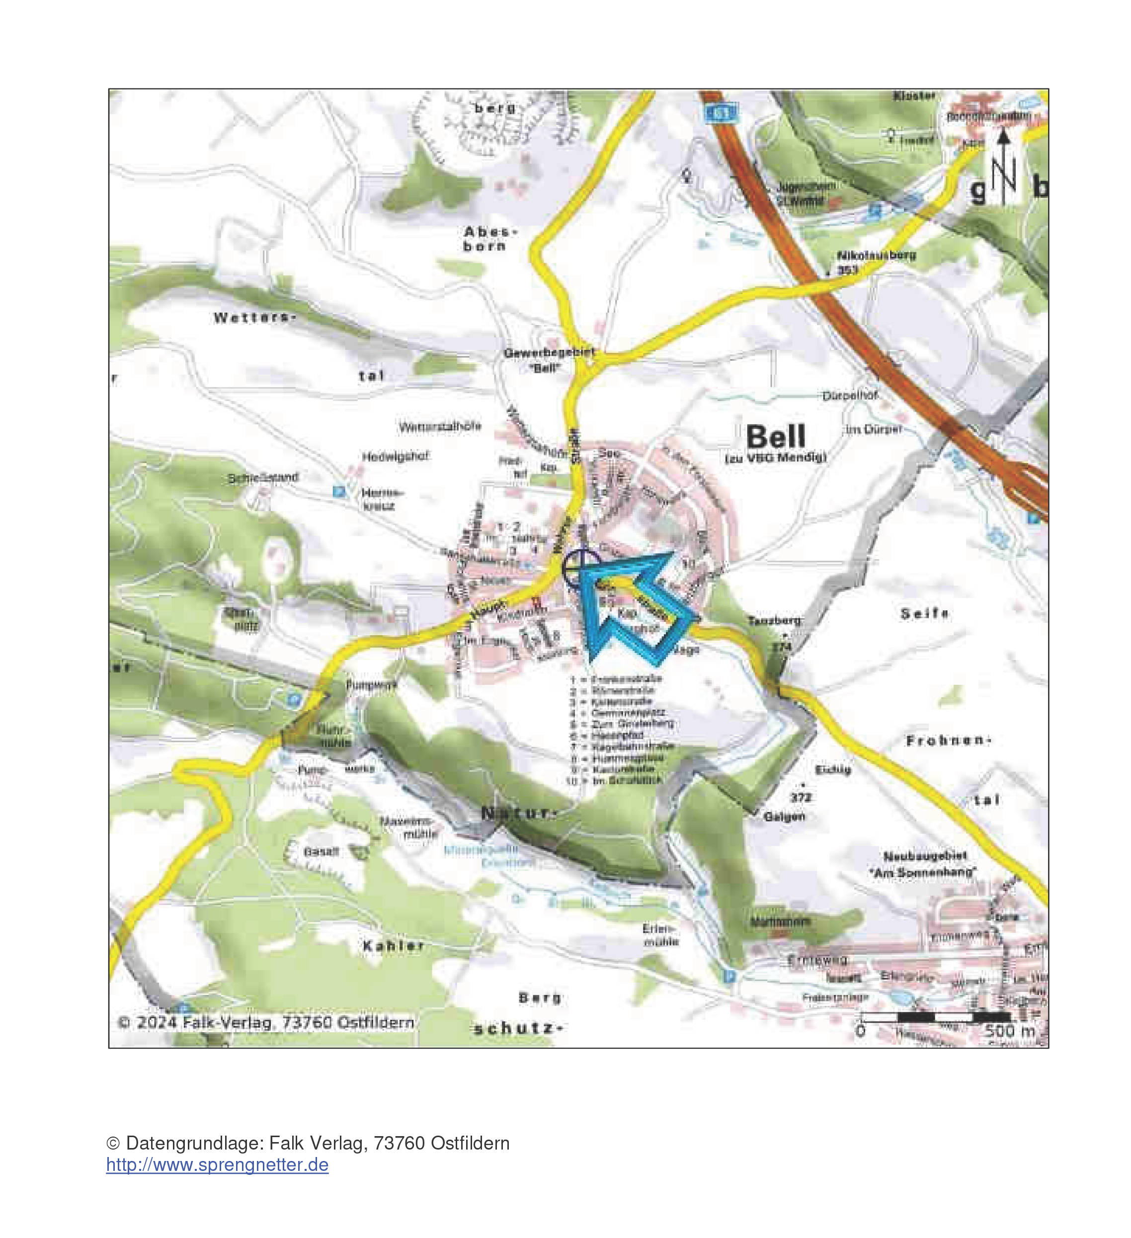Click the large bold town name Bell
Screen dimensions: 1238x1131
pyautogui.click(x=776, y=437)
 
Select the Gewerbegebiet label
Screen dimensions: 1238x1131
pyautogui.click(x=550, y=354)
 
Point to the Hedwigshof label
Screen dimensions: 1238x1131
pyautogui.click(x=395, y=457)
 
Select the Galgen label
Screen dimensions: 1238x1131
pyautogui.click(x=784, y=817)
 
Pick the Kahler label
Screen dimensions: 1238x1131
pyautogui.click(x=393, y=946)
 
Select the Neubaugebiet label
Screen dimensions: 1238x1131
pyautogui.click(x=925, y=855)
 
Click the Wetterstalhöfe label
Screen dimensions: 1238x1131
pyautogui.click(x=440, y=427)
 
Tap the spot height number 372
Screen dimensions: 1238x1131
pyautogui.click(x=801, y=797)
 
